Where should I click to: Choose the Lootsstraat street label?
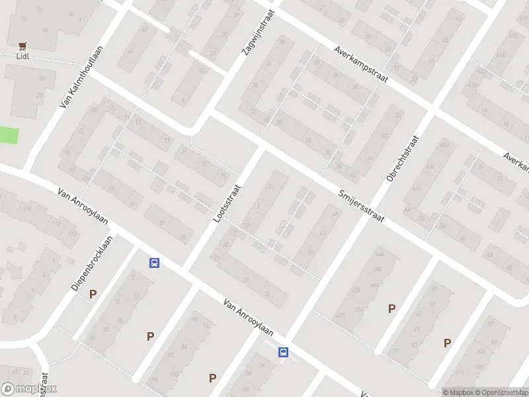click(x=227, y=202)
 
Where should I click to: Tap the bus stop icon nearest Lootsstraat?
click(x=155, y=263)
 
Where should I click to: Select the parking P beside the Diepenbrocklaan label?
click(x=93, y=294)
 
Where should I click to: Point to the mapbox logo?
click(x=29, y=389)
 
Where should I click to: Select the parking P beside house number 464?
click(x=391, y=308)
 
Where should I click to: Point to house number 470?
click(x=341, y=315)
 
